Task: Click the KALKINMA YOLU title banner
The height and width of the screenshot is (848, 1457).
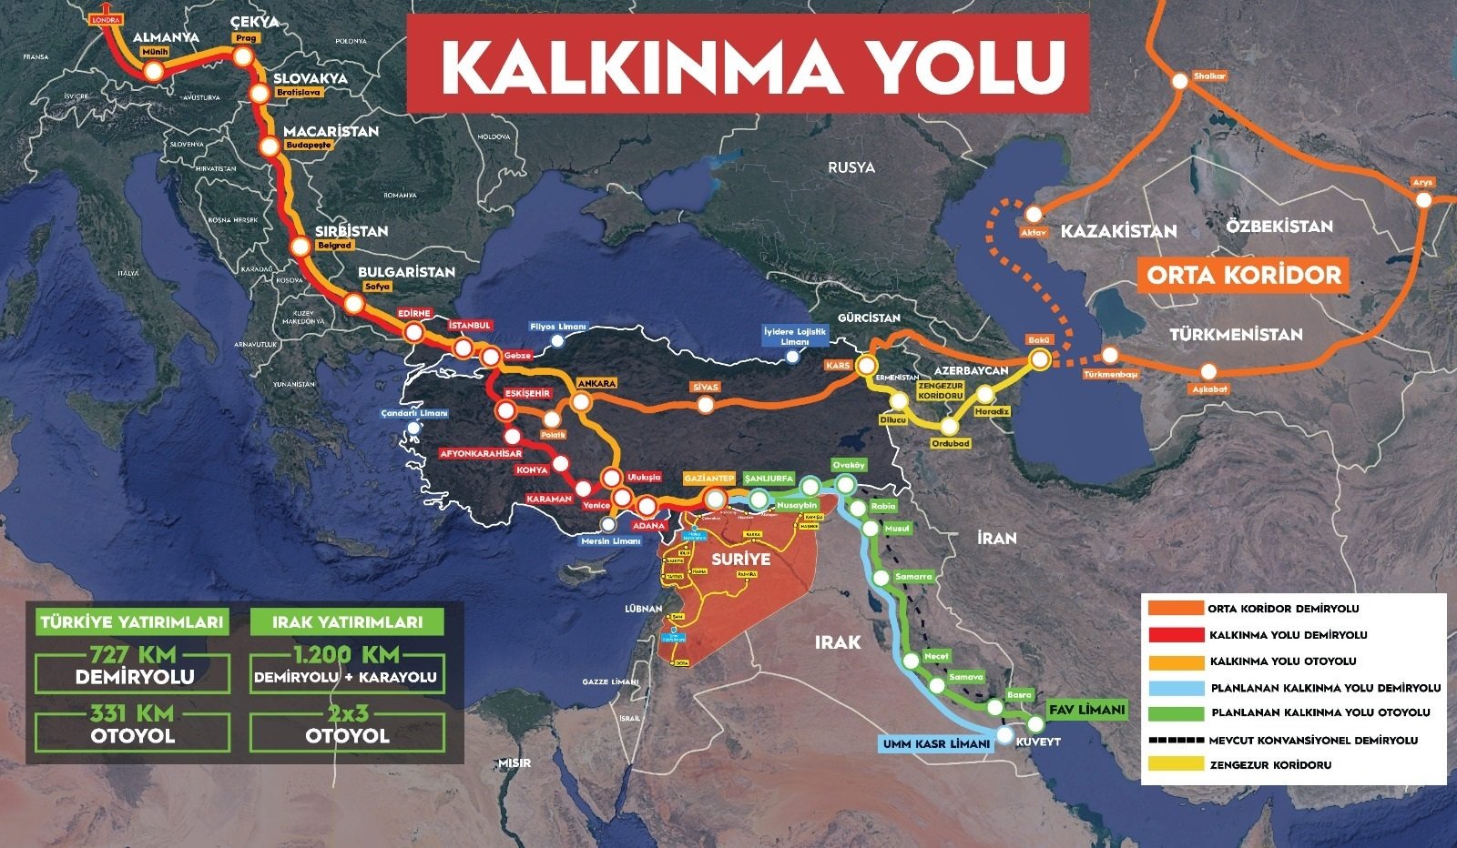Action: (x=748, y=63)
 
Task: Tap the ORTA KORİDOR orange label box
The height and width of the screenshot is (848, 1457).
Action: (x=1244, y=275)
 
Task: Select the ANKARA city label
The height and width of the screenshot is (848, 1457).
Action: (x=596, y=384)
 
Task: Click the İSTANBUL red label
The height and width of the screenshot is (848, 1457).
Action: (x=470, y=325)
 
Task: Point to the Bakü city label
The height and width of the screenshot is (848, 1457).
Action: (x=1039, y=340)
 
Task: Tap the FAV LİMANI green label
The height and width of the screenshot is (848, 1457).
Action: (x=1086, y=710)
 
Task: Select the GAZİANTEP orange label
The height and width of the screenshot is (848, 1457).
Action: (x=709, y=479)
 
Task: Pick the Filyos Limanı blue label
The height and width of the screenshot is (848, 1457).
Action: (x=558, y=327)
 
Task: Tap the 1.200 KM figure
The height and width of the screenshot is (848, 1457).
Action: (x=346, y=654)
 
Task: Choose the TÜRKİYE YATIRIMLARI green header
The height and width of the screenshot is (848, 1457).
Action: (x=132, y=622)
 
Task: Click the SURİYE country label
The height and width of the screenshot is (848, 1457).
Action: (x=740, y=559)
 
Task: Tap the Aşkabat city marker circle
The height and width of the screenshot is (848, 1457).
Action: (x=1208, y=371)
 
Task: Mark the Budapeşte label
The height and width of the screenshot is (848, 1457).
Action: (x=307, y=145)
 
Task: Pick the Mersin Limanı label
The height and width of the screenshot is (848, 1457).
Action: (x=611, y=540)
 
